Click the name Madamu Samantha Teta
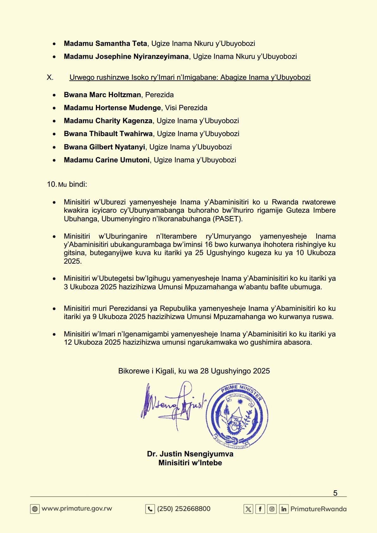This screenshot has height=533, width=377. point(105,43)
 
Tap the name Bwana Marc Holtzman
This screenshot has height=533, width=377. point(102,95)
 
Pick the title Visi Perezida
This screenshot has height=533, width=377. point(186,108)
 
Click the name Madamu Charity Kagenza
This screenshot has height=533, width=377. point(108,121)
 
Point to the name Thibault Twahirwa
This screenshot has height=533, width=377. point(121,134)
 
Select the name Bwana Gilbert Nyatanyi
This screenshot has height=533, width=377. point(104,147)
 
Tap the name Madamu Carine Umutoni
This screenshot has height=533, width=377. point(106,160)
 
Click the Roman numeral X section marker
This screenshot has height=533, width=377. point(50,78)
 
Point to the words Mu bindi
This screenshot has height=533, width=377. point(72,184)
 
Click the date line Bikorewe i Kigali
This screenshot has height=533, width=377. point(194,371)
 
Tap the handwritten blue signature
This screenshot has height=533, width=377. point(173,404)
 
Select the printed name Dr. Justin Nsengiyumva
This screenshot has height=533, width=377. point(190,454)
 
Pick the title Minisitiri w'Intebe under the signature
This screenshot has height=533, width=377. point(190,463)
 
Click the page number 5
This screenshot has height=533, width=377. point(335,493)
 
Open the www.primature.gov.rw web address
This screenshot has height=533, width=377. point(77,509)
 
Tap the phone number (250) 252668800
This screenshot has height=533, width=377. point(184,509)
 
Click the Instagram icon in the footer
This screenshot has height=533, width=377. point(272,509)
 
